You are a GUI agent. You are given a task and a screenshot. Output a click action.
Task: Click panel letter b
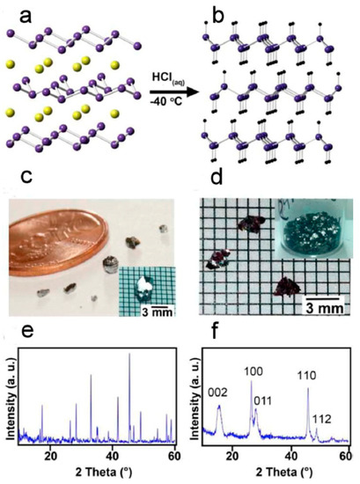click(206, 11)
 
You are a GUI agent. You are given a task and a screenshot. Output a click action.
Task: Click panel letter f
click(205, 334)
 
